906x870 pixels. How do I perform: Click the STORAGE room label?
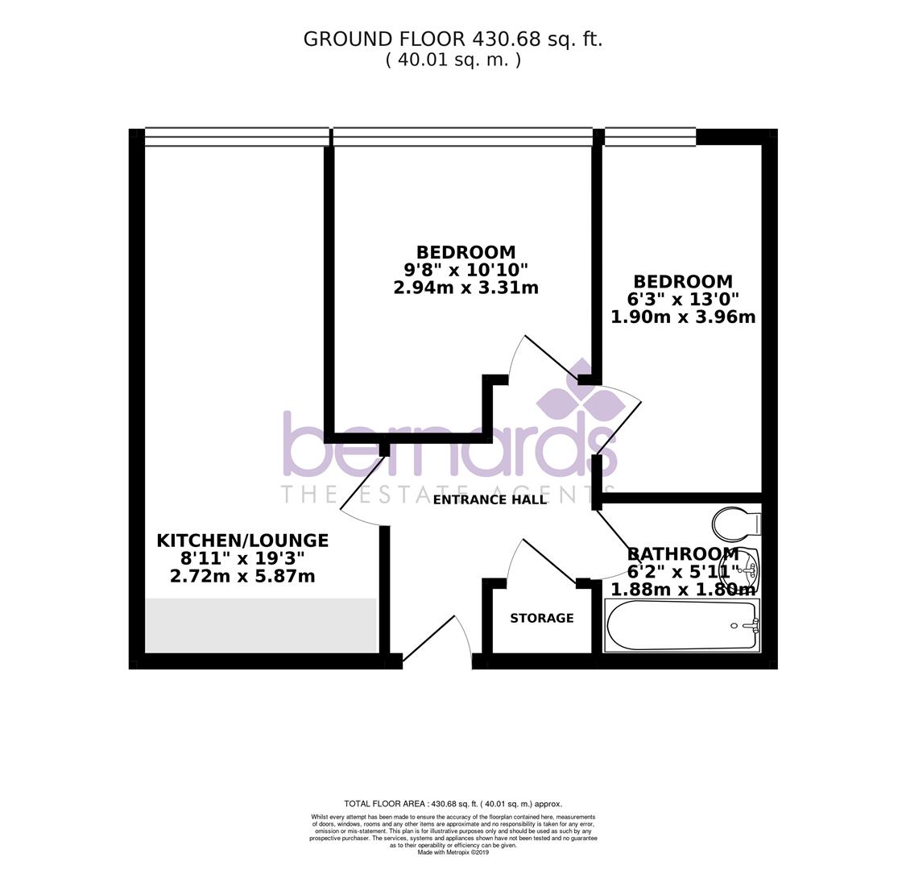pos(541,618)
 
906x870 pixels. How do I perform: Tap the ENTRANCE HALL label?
pos(490,499)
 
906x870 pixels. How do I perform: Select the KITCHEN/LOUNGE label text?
pos(242,541)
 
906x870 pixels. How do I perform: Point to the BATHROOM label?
pos(682,554)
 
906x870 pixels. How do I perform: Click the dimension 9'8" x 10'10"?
pos(465,270)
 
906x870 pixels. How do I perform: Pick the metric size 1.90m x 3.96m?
pos(683,317)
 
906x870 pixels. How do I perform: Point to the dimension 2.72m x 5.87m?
pos(242,576)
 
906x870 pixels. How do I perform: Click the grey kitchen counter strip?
pos(261,625)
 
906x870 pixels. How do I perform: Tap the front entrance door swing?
pos(440,640)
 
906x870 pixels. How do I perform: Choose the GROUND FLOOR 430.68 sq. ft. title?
pos(453,39)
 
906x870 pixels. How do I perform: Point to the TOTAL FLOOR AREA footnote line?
pos(453,803)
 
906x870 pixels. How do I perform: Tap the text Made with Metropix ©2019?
pos(453,852)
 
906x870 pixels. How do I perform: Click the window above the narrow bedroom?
pos(650,137)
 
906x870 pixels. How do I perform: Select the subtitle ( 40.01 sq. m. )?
pos(453,60)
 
